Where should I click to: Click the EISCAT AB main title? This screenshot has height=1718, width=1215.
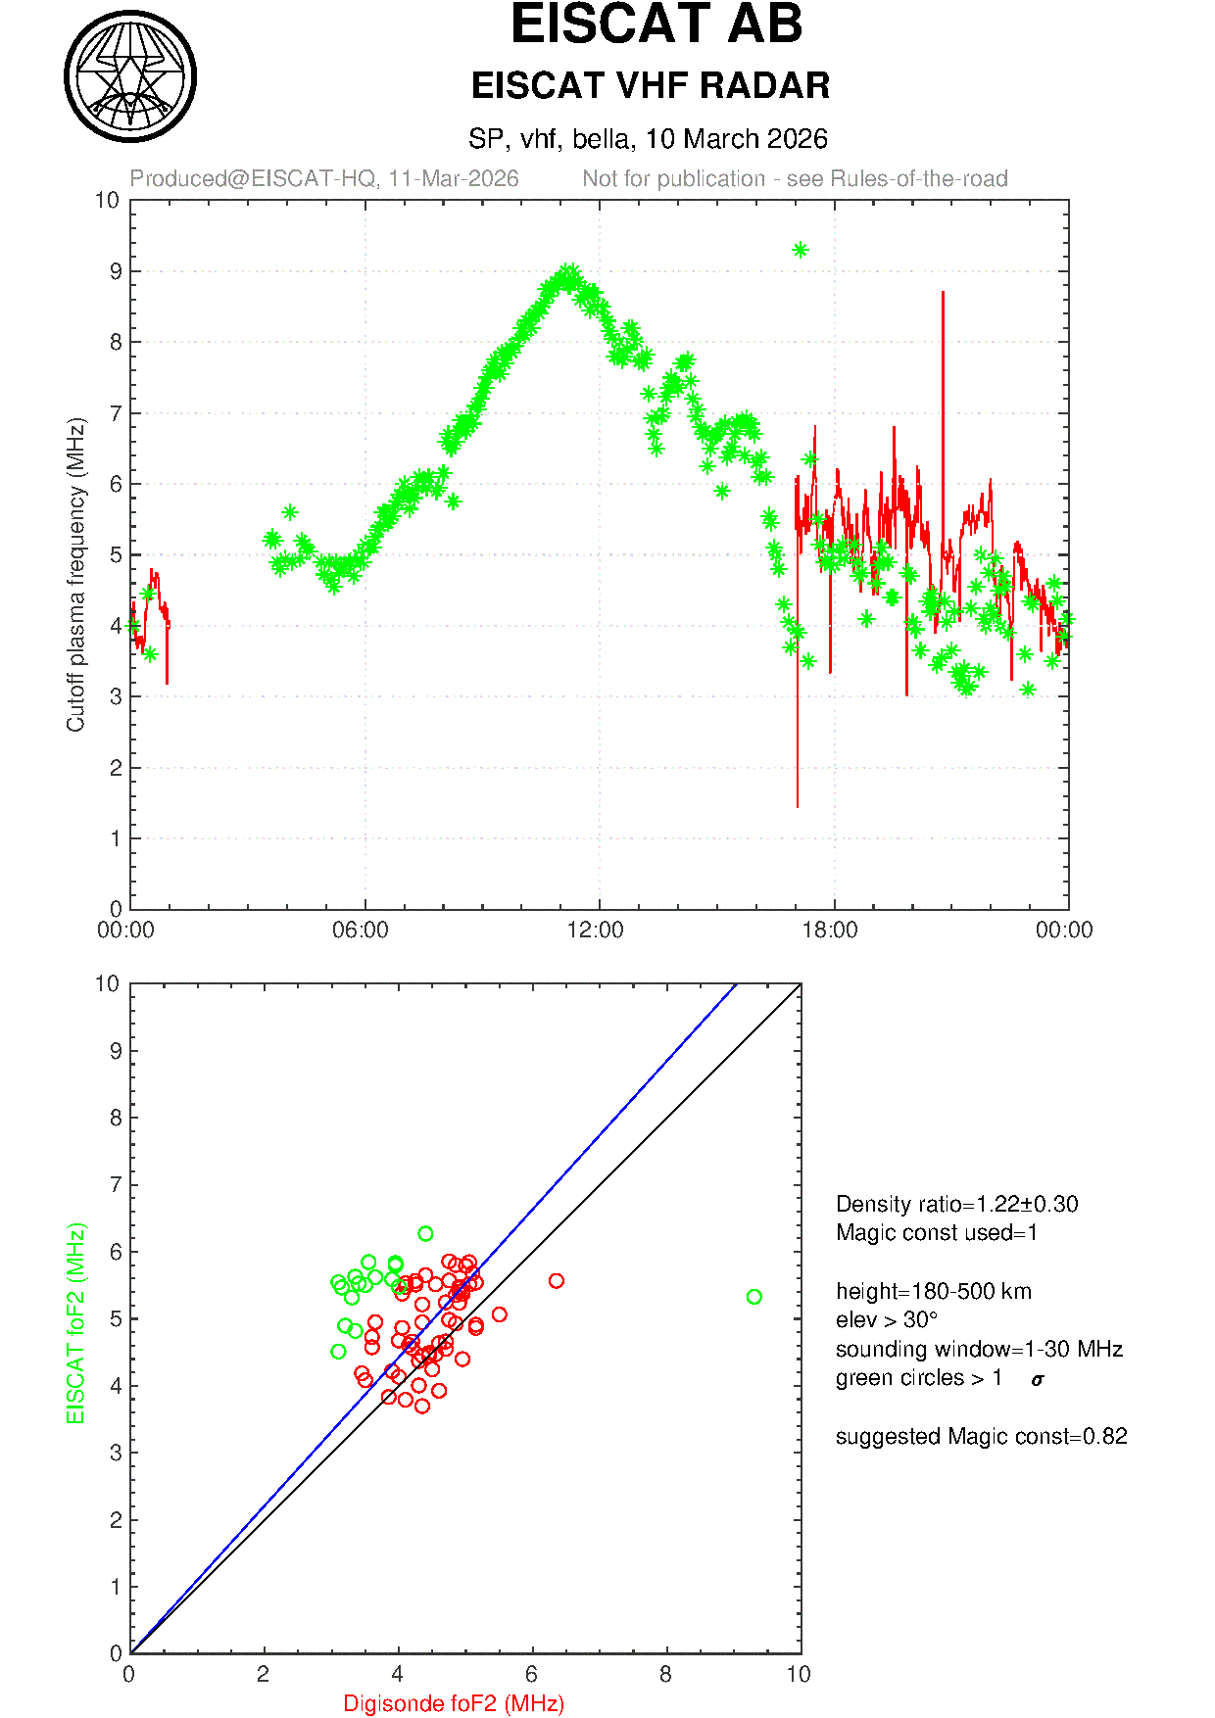656,25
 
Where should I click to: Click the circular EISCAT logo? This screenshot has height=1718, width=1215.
130,76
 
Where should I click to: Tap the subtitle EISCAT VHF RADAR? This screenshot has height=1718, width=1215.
650,86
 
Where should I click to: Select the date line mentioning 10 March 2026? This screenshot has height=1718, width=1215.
648,139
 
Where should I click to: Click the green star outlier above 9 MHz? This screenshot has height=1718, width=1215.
800,250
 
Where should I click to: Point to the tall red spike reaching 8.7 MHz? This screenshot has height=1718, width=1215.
943,294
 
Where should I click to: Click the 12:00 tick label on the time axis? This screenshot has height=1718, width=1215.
596,931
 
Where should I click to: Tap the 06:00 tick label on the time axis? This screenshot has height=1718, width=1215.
361,931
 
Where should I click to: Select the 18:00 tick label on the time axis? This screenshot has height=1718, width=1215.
830,931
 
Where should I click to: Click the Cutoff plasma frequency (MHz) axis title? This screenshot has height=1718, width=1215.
76,575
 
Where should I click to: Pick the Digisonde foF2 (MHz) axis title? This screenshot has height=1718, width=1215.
454,1704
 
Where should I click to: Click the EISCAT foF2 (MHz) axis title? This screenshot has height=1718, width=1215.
76,1323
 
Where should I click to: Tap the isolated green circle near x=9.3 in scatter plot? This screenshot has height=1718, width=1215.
753,1297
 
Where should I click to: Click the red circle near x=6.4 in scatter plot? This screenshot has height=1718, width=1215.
557,1281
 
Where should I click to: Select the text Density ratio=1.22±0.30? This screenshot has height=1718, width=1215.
956,1205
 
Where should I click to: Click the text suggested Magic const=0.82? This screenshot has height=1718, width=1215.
981,1437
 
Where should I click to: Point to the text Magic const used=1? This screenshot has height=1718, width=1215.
936,1233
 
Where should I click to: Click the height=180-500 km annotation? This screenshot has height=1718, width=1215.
933,1292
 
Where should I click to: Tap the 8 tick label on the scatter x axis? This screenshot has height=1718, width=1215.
665,1675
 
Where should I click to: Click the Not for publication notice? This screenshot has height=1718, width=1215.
795,179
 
